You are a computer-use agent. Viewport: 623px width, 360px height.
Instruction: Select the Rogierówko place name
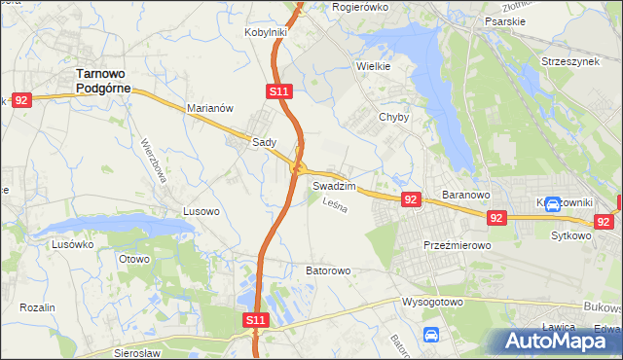tap(360, 7)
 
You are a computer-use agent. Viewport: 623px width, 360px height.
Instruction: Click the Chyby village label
tap(393, 117)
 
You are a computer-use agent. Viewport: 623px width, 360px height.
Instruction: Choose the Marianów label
tap(209, 109)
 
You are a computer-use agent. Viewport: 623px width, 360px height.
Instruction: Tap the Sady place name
tap(265, 141)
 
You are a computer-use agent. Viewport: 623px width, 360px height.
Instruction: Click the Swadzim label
tap(334, 185)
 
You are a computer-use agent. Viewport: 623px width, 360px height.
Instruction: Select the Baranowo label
tap(465, 195)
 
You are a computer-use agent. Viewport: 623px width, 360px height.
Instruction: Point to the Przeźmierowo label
tap(457, 246)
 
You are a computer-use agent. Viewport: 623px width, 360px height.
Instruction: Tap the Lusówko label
tap(70, 244)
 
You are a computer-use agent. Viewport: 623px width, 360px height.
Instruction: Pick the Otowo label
tap(133, 259)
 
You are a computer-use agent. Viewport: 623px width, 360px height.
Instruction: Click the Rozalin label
tap(37, 307)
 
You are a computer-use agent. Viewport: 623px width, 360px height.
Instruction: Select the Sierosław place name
tap(135, 353)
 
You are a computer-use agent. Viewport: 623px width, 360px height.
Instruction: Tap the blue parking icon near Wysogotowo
tap(430, 335)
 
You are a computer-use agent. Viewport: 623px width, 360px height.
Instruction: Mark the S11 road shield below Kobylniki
tap(278, 91)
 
